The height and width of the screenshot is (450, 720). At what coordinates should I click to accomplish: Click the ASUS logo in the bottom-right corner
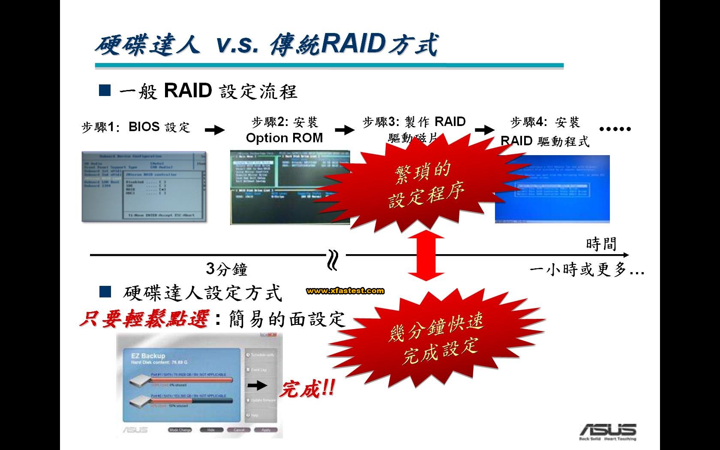click(x=608, y=431)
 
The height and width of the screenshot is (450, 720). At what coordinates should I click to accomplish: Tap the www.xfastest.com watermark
click(x=345, y=291)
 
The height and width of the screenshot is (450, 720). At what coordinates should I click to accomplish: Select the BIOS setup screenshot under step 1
click(x=144, y=187)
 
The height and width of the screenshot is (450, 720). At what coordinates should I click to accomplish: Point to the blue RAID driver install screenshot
click(x=552, y=189)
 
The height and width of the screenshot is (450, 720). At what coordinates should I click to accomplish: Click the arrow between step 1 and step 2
click(x=215, y=130)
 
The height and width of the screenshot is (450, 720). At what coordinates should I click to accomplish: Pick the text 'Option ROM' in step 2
click(x=284, y=138)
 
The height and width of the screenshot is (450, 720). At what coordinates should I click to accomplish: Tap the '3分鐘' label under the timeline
click(x=227, y=269)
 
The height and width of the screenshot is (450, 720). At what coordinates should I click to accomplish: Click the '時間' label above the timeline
click(x=601, y=244)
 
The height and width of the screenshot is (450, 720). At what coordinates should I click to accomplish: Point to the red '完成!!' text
click(x=307, y=390)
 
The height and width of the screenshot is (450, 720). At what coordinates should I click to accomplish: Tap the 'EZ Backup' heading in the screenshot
click(x=147, y=356)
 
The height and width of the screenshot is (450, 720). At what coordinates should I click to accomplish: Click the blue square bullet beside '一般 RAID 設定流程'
click(x=105, y=90)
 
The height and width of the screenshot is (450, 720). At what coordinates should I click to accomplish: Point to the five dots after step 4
click(x=615, y=129)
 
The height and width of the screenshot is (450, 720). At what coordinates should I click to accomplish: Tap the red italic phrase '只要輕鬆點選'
click(x=144, y=319)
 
